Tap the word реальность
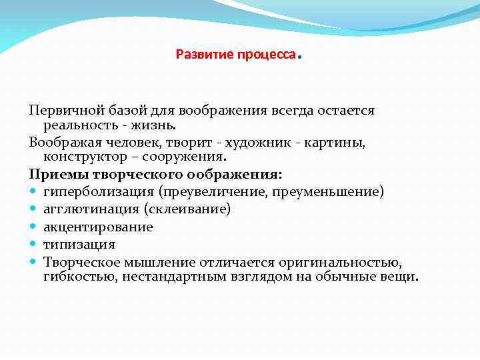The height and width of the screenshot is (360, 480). point(77,124)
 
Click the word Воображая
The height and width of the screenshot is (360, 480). point(61,142)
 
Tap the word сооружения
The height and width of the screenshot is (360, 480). point(187,157)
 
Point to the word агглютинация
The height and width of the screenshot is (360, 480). point(83,209)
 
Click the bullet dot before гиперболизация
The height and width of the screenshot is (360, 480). point(33,192)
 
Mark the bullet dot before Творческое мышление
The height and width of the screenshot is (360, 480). point(33,262)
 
